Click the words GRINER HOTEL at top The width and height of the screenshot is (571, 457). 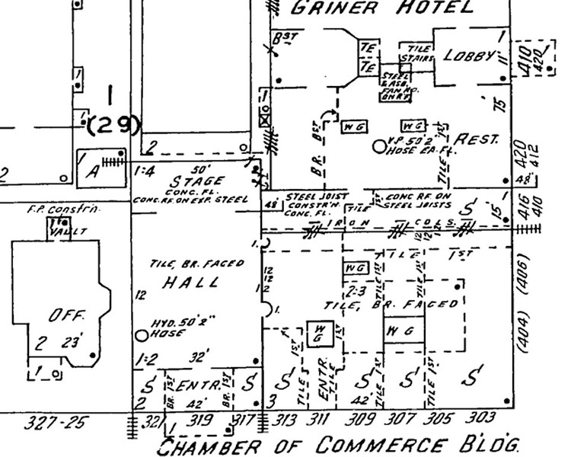pyautogui.click(x=383, y=9)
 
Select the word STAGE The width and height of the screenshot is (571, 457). pyautogui.click(x=197, y=182)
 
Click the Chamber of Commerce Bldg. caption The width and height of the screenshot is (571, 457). pyautogui.click(x=343, y=443)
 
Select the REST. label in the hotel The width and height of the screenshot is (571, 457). pyautogui.click(x=474, y=140)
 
